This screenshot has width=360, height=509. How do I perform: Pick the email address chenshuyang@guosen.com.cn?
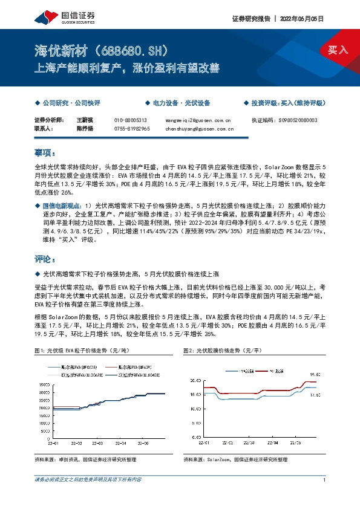click(200, 129)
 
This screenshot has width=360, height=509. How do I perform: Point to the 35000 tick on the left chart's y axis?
click(44, 384)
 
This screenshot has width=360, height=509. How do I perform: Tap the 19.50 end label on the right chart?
click(314, 375)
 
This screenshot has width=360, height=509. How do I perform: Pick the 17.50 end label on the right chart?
click(314, 395)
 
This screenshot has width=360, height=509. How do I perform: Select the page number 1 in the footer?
click(326, 480)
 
